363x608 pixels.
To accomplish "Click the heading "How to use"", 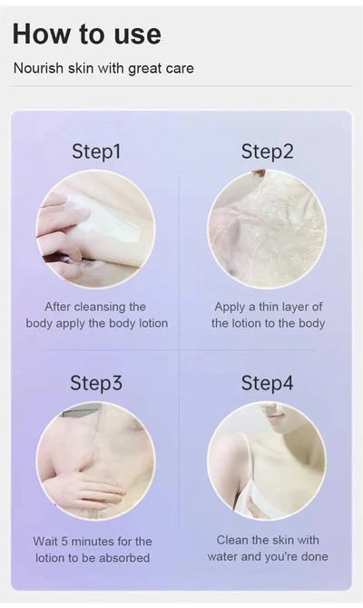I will (x=86, y=34).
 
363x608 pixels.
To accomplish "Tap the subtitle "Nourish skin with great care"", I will (x=103, y=68).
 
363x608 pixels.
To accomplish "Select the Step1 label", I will (x=96, y=152).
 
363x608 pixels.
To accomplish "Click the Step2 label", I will (x=267, y=152).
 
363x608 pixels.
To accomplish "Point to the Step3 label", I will (x=96, y=383).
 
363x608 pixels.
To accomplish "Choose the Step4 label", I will (x=267, y=383).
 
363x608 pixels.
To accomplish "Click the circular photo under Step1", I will (x=95, y=229).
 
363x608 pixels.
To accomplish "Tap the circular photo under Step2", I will (x=266, y=229).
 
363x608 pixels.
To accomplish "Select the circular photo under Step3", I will (x=95, y=461).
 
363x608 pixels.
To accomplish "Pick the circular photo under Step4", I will (x=266, y=461).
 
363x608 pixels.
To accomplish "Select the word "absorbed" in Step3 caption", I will (x=126, y=557).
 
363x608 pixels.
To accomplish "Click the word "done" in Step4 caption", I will (x=312, y=556).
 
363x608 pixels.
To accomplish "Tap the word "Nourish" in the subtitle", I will (x=38, y=68).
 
